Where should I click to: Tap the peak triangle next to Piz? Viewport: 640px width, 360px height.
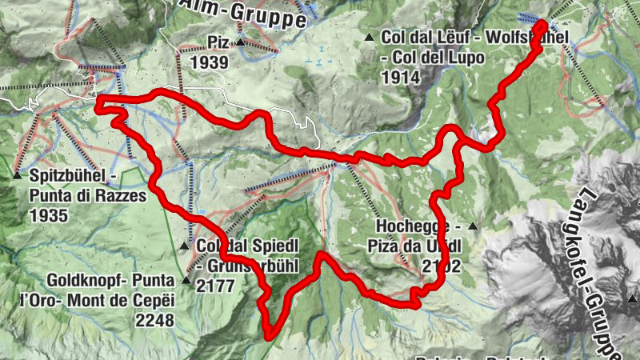pos(240,42)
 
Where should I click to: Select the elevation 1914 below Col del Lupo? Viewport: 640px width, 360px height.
pos(402,78)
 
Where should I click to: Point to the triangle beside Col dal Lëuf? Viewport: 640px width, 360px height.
pos(369,38)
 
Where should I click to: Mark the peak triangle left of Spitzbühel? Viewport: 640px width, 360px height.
pos(16,175)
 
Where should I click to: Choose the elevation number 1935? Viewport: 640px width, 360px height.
pos(47,215)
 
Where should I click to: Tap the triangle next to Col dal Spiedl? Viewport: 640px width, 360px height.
pos(186,246)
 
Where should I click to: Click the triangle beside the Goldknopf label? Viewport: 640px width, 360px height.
pos(186,281)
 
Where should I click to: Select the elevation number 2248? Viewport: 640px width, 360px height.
pos(156,319)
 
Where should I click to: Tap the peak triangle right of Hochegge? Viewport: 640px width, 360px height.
pos(473,227)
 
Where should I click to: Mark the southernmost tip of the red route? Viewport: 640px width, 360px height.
pos(268,337)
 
